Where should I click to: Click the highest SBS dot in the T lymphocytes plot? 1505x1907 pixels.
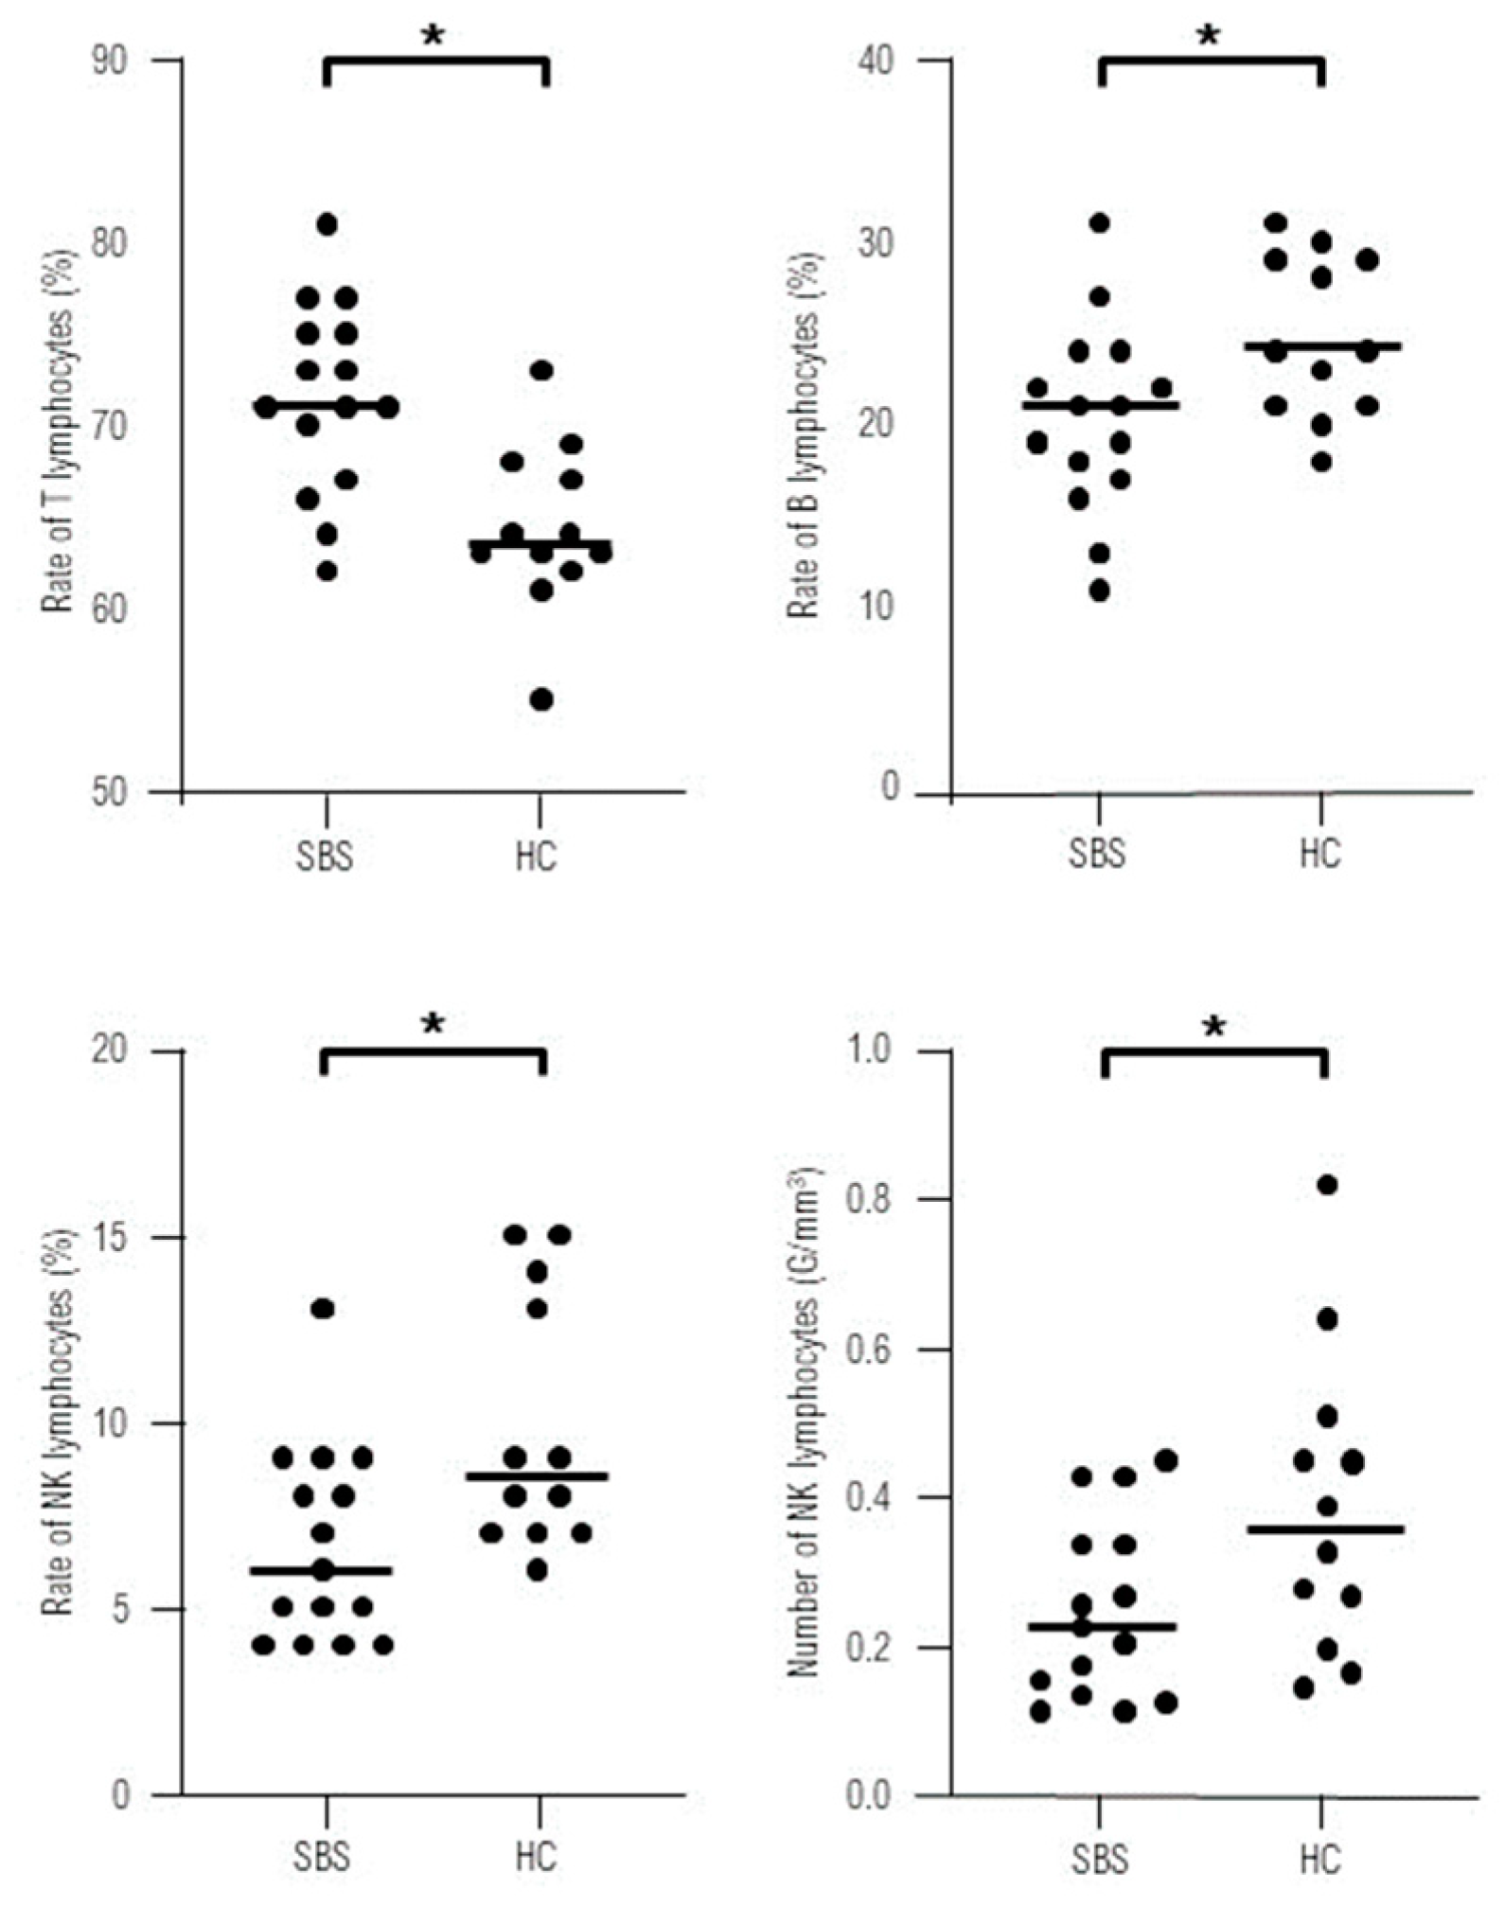point(327,224)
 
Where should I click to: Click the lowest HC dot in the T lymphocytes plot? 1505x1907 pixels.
point(541,699)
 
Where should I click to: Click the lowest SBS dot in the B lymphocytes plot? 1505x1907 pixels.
point(1099,591)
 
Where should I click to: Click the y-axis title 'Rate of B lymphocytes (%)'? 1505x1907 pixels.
point(805,435)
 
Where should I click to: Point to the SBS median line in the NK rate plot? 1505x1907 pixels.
point(322,1570)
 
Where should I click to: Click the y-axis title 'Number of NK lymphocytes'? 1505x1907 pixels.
point(805,1420)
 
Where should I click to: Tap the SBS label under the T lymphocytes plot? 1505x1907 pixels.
point(323,856)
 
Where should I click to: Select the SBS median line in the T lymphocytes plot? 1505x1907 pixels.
point(327,407)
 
